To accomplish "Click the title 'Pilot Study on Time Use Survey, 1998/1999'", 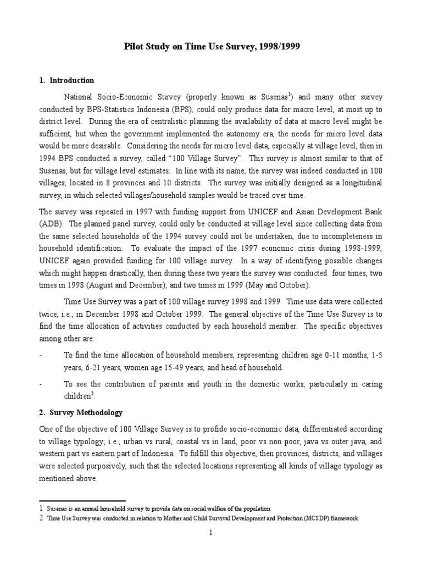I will (211, 48).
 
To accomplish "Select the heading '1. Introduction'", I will (66, 80).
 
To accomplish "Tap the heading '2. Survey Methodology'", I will (81, 412).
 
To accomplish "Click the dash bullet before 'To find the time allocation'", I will (41, 355).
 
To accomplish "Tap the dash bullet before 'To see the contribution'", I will (41, 384).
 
